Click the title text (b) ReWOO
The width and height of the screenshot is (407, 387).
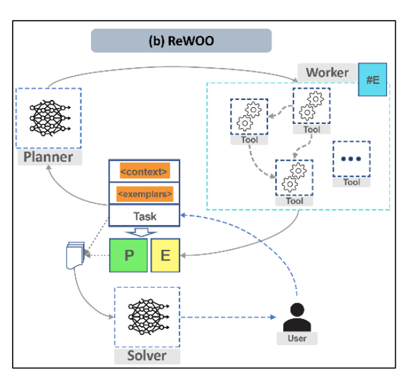[x=181, y=40]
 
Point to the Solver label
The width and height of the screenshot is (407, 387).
[x=146, y=356]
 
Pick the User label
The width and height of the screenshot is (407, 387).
[x=297, y=338]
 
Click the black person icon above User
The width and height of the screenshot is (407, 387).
[x=297, y=316]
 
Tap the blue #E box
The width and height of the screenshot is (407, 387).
[x=372, y=79]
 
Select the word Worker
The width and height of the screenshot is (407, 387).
[x=327, y=72]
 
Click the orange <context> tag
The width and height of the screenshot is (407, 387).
[x=144, y=172]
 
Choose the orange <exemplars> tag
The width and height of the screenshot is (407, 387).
[x=144, y=194]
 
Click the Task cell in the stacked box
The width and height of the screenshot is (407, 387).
[x=144, y=216]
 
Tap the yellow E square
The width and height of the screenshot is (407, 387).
[x=164, y=256]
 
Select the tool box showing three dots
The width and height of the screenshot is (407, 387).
[x=351, y=159]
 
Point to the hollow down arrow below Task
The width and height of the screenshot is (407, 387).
[x=143, y=232]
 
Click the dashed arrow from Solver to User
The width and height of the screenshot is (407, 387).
[x=226, y=317]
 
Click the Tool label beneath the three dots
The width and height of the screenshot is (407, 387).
[x=351, y=182]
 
